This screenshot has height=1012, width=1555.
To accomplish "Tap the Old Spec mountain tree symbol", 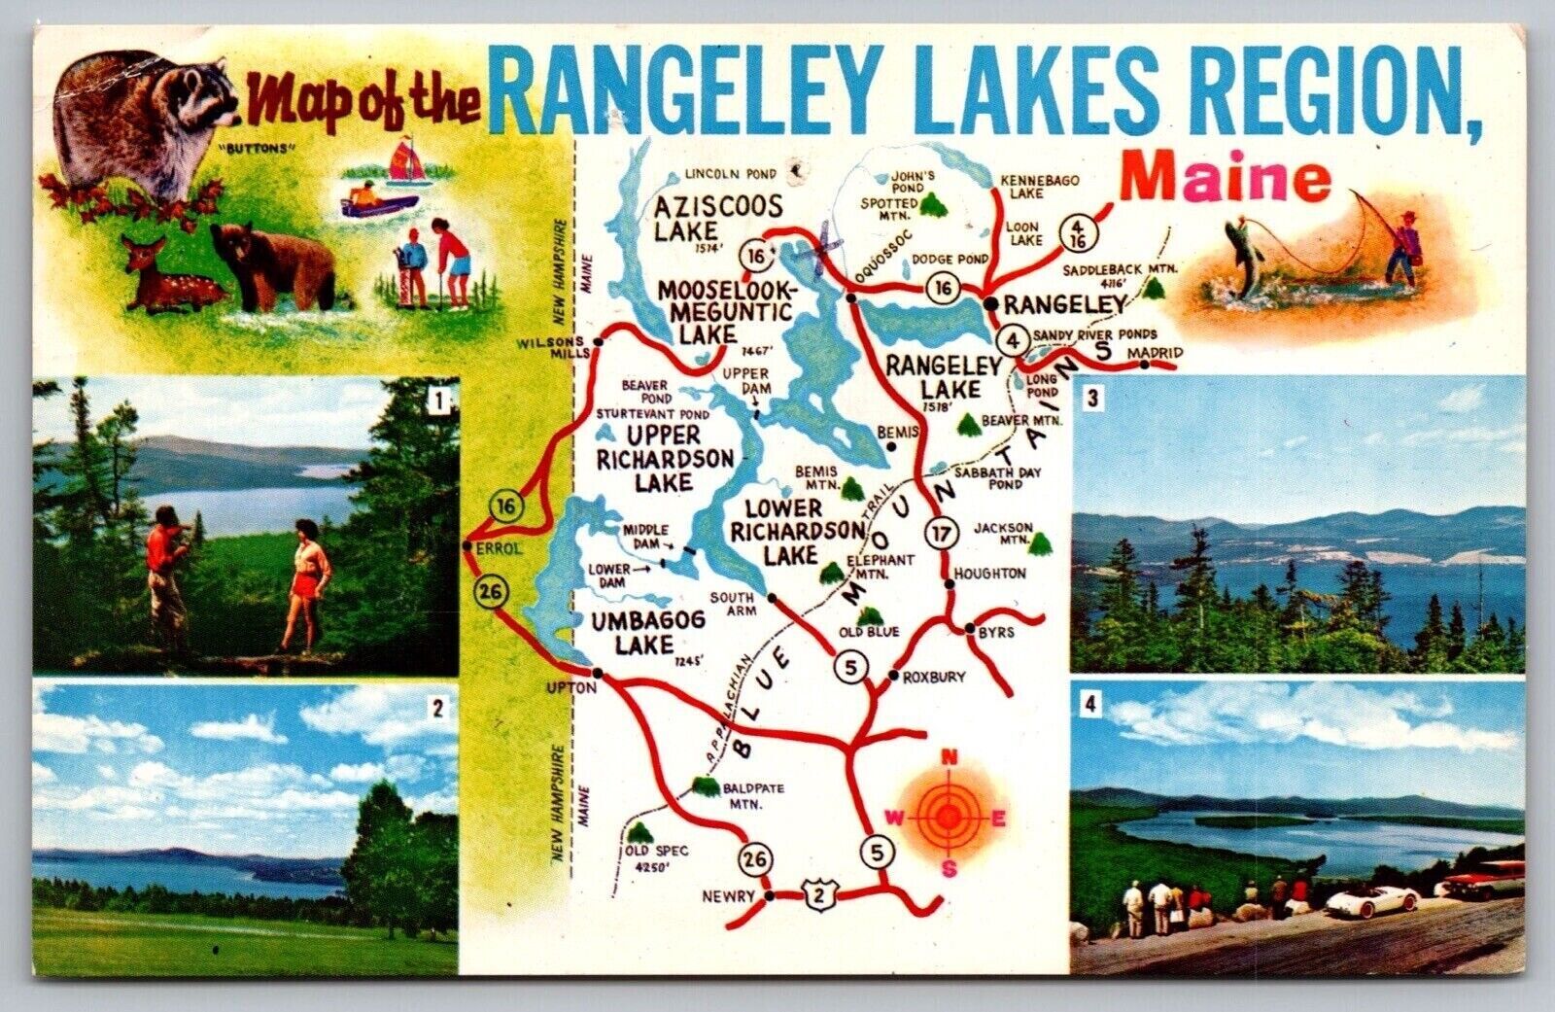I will (x=639, y=833).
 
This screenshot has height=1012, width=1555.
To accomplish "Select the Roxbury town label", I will (x=933, y=677).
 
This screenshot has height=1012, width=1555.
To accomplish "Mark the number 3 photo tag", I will (x=1091, y=398).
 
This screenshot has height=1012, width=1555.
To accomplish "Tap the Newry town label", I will (x=728, y=896).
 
